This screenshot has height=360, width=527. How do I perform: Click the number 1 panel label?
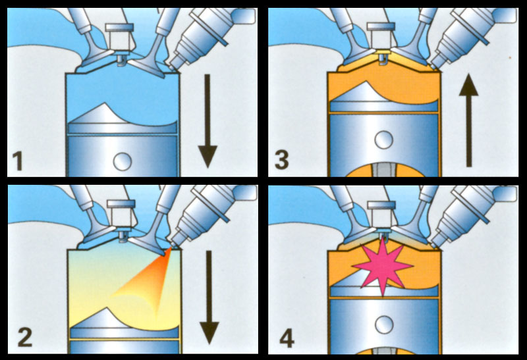pos(18,161)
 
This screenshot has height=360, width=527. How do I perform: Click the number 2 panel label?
pos(25,337)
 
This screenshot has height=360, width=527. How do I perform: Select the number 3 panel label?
pos(282,160)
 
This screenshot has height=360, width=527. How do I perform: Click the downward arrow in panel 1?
pos(208,121)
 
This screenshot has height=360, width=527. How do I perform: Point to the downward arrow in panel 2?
pos(209,297)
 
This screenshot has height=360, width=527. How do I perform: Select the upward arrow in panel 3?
pos(469,120)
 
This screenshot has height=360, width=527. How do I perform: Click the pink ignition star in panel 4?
pos(383,266)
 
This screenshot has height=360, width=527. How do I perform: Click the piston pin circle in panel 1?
pos(123,161)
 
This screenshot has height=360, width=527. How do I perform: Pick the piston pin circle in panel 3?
pos(384,140)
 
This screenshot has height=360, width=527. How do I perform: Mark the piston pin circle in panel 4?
pos(384,324)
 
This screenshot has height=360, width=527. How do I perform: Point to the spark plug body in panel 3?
pos(381,36)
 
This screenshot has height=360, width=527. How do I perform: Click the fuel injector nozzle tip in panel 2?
pos(172,246)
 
